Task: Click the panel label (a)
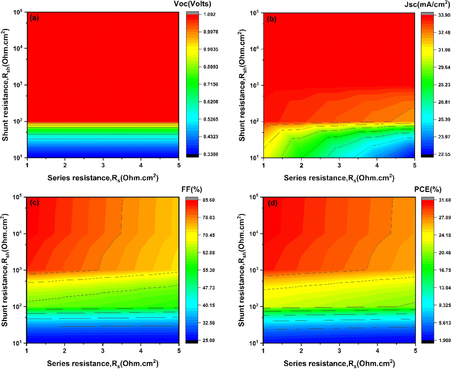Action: (34, 18)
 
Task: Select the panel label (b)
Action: (271, 19)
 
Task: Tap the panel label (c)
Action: (34, 203)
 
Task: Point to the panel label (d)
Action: (272, 203)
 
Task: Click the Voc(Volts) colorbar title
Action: (192, 4)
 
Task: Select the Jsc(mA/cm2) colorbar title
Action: (427, 4)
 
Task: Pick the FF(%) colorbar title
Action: (192, 189)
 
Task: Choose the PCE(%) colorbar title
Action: (428, 189)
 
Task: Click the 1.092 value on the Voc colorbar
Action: (209, 14)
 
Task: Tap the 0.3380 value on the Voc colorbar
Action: (211, 154)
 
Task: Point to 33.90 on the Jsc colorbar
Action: (444, 15)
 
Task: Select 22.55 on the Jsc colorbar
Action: (444, 154)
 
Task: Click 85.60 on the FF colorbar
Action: (208, 200)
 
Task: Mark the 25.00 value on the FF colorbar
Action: (208, 340)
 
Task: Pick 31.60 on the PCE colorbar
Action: (445, 200)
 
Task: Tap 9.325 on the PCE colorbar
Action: (445, 305)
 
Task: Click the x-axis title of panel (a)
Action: (103, 178)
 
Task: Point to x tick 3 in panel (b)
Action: (339, 165)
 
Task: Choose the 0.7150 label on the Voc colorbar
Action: (211, 84)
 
